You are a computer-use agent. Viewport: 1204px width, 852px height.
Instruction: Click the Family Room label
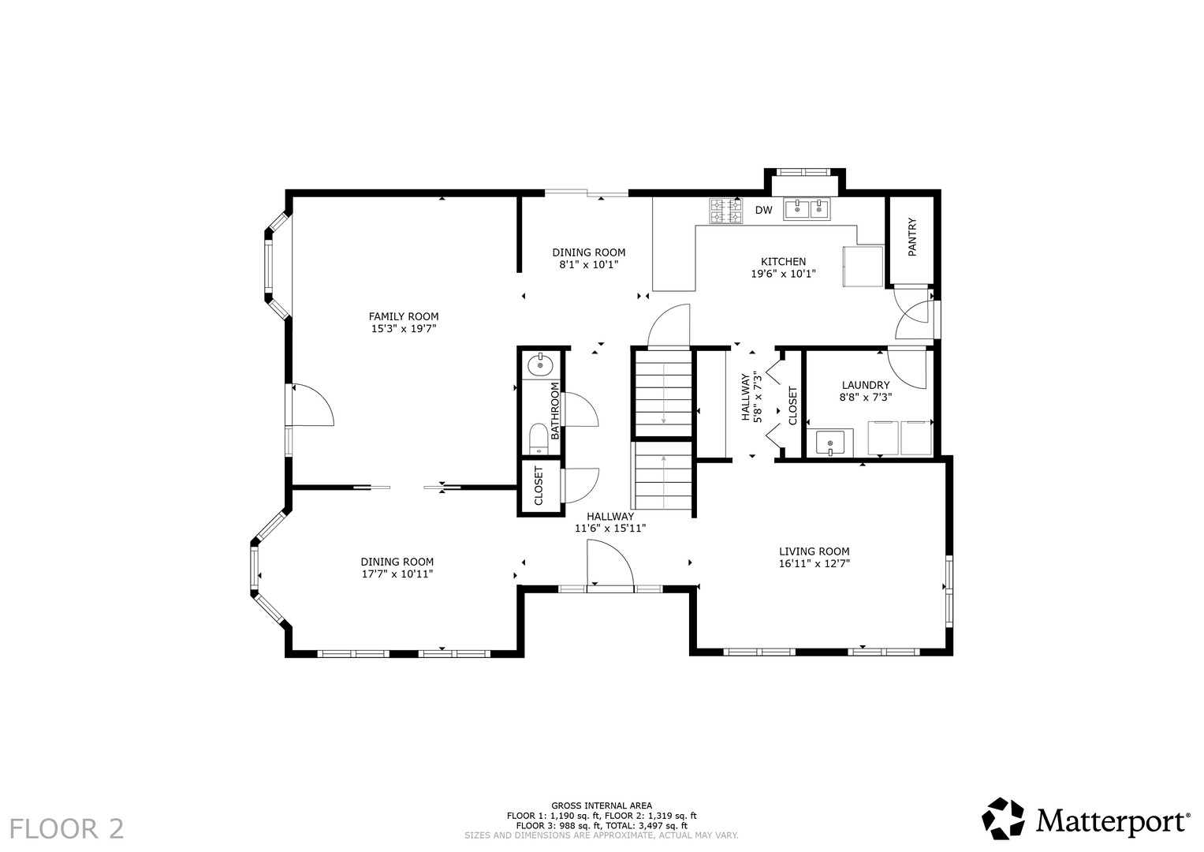click(x=403, y=316)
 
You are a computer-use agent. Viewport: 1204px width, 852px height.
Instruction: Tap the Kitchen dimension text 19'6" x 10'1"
click(x=783, y=273)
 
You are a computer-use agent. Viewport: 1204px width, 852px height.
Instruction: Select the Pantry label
click(x=912, y=237)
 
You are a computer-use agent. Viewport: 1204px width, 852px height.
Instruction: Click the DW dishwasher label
click(x=763, y=211)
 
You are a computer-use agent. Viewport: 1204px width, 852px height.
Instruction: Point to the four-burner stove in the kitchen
click(x=726, y=211)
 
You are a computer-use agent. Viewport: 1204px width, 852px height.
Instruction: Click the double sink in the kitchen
click(x=807, y=209)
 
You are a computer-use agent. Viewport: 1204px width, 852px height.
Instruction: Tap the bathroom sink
click(x=539, y=366)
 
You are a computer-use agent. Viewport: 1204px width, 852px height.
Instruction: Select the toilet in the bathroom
click(x=538, y=439)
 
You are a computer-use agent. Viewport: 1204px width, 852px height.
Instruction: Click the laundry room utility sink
click(x=830, y=443)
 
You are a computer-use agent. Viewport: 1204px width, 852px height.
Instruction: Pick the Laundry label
click(x=866, y=385)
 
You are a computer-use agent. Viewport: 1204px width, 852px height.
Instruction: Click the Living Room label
click(x=814, y=551)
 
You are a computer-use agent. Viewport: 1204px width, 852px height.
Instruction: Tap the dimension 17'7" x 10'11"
click(x=397, y=574)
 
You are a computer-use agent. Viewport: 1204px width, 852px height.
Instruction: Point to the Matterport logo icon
click(x=1003, y=818)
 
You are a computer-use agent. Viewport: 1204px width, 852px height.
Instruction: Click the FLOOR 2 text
click(x=67, y=829)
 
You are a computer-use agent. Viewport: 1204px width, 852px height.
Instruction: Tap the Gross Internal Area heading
click(x=602, y=805)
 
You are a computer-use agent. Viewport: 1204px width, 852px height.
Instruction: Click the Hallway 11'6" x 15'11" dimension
click(x=610, y=529)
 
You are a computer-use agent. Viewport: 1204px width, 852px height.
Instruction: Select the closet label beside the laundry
click(x=793, y=405)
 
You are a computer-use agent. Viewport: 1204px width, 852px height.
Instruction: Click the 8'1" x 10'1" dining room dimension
click(x=588, y=264)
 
